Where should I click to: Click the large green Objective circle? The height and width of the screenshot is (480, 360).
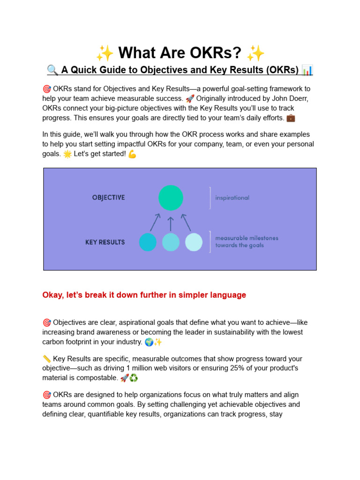pos(171,198)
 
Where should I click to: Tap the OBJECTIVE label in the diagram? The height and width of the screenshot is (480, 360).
pos(108,198)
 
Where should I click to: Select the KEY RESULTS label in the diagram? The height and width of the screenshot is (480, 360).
pos(105,242)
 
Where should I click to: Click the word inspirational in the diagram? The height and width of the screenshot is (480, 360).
pos(232,198)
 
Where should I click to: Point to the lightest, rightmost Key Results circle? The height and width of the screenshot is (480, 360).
pos(194,242)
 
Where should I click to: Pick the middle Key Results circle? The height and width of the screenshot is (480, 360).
pos(171,242)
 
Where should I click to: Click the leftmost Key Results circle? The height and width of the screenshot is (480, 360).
pos(148,242)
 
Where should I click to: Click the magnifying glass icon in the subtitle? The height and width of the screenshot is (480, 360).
pos(52,70)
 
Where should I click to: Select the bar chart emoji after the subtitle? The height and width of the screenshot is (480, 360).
pos(307,70)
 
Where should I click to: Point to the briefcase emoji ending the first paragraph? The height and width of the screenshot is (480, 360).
pos(291,117)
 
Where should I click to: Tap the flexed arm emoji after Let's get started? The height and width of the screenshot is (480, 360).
pos(132,154)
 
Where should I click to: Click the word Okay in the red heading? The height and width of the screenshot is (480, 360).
pos(52,295)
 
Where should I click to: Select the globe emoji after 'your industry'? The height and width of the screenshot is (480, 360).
pos(149,342)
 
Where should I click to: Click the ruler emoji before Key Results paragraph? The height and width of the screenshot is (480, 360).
pos(46,359)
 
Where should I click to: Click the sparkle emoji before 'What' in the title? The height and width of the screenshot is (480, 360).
pos(105,53)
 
